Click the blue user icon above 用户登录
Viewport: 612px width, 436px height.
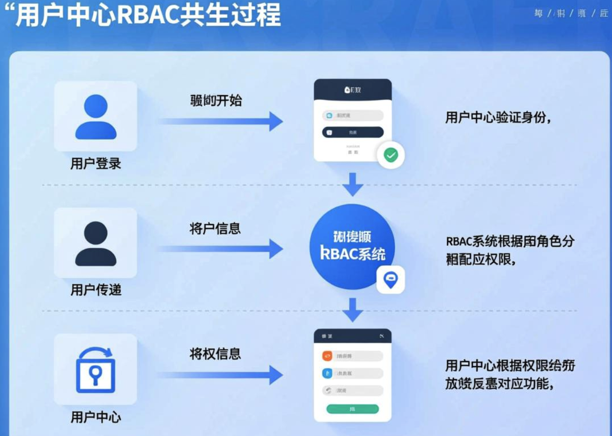tap(96, 117)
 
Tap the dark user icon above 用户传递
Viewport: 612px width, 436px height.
tap(96, 244)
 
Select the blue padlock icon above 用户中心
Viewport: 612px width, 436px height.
tap(96, 370)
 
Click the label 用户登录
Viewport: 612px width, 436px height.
tap(96, 163)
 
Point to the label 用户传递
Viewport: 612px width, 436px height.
tap(96, 290)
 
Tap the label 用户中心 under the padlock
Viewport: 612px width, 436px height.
tap(96, 417)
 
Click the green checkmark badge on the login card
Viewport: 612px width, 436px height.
tap(391, 155)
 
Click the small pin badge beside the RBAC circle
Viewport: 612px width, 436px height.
tap(390, 280)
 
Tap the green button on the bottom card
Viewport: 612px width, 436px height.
tap(352, 409)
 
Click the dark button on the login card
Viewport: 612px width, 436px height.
tap(352, 133)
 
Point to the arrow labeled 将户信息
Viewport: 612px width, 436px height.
tap(220, 249)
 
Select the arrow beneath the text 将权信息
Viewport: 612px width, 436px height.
tap(220, 375)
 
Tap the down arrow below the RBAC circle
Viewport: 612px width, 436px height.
tap(353, 310)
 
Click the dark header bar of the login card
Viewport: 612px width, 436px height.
tap(352, 89)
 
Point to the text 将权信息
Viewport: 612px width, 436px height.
tap(215, 354)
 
